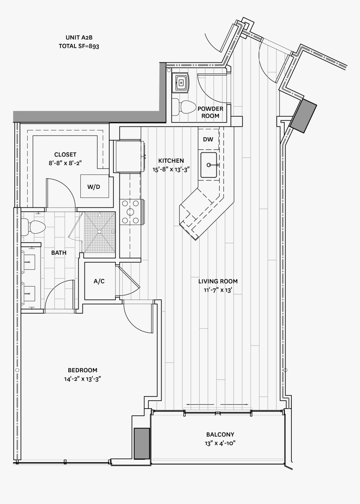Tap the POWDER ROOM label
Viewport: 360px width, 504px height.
click(x=210, y=112)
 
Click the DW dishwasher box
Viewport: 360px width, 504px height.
click(x=208, y=140)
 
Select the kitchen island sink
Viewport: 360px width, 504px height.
click(x=208, y=165)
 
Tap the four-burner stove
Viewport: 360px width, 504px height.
click(x=131, y=212)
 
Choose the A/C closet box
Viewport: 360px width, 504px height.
click(x=99, y=281)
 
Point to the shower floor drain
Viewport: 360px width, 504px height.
click(x=100, y=231)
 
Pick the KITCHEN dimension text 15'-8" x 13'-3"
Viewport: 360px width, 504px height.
click(x=171, y=169)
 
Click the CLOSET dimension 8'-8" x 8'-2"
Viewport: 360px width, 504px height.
click(x=65, y=164)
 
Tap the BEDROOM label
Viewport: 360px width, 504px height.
click(x=82, y=370)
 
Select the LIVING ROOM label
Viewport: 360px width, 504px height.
click(x=218, y=281)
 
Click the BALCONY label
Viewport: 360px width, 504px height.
click(x=220, y=434)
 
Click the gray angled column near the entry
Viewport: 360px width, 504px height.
click(x=303, y=116)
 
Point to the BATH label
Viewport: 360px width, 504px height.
click(x=59, y=253)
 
